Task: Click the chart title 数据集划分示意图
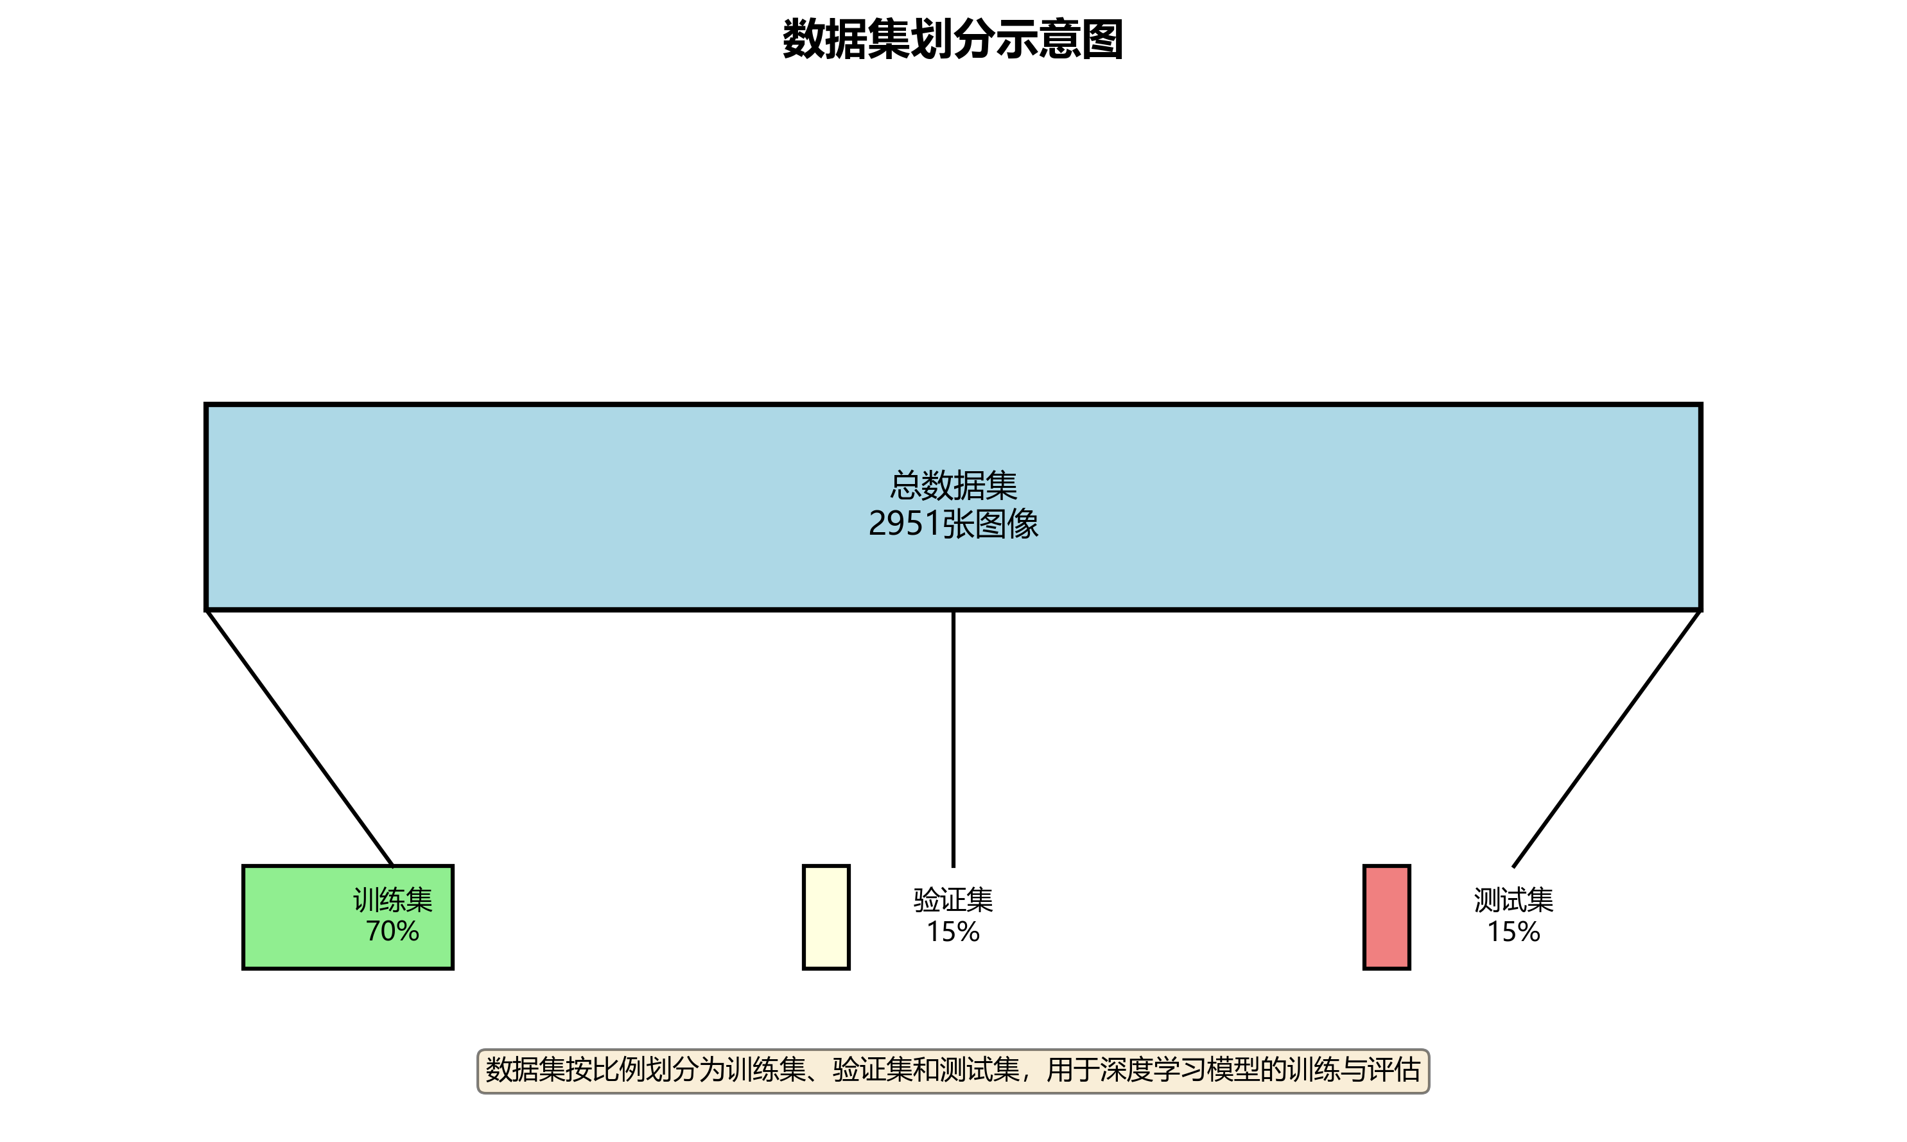coord(953,40)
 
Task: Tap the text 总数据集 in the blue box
coord(953,485)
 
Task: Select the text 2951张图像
coord(953,524)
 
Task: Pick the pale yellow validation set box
coord(826,917)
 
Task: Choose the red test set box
coord(1386,917)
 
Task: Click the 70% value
coord(392,931)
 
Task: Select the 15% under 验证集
coord(953,932)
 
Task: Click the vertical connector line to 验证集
coord(953,739)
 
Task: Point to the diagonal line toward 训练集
coord(300,739)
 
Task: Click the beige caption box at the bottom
coord(953,1071)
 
